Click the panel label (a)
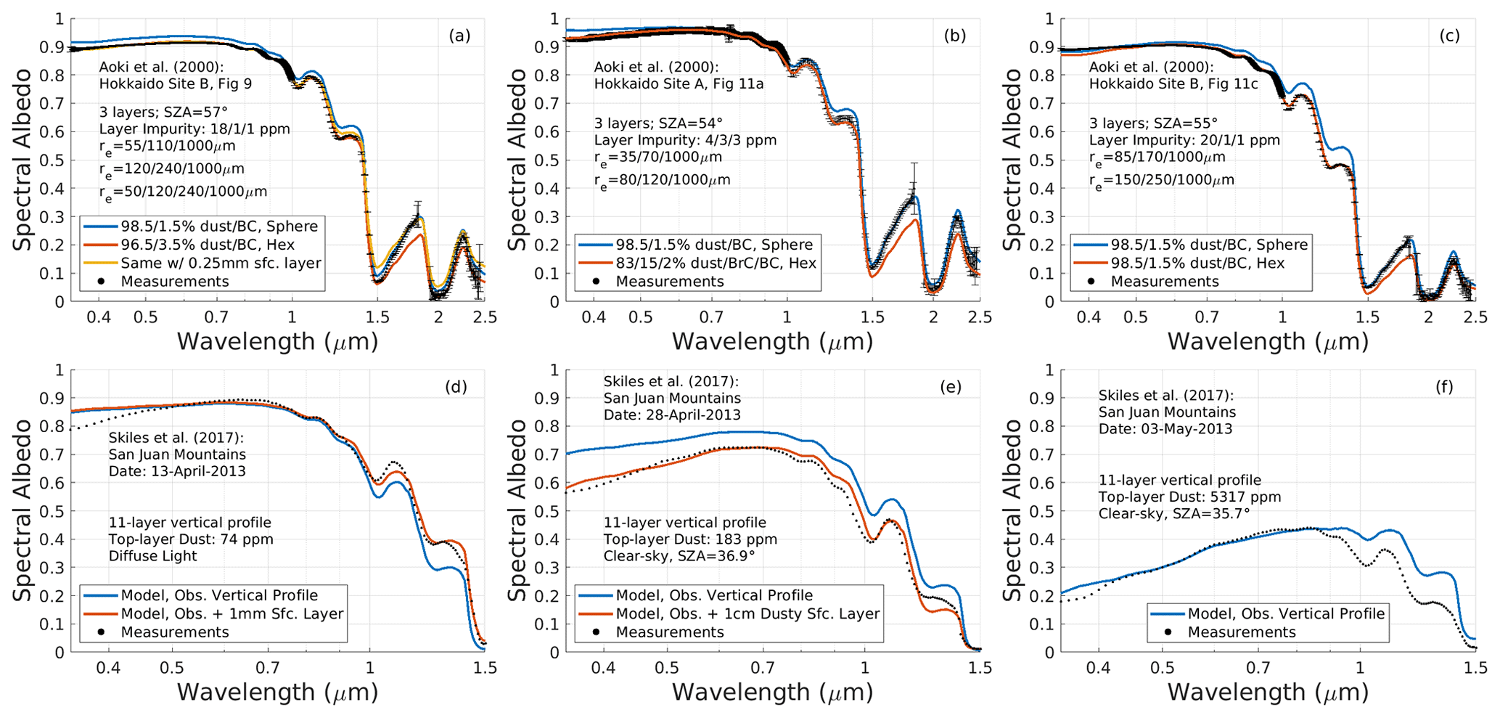[459, 36]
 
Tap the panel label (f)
[1444, 386]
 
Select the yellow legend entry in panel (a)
[221, 263]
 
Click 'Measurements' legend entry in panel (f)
[1241, 632]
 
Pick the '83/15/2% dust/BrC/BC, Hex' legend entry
[716, 263]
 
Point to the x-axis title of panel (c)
[1267, 341]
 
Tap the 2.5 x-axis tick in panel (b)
[980, 317]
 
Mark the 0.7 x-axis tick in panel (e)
[762, 668]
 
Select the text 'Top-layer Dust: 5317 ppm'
[1189, 497]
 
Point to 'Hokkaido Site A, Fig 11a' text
[679, 84]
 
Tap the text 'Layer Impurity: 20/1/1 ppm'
[1184, 140]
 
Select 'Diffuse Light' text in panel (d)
[152, 556]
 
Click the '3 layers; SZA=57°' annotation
[163, 112]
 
